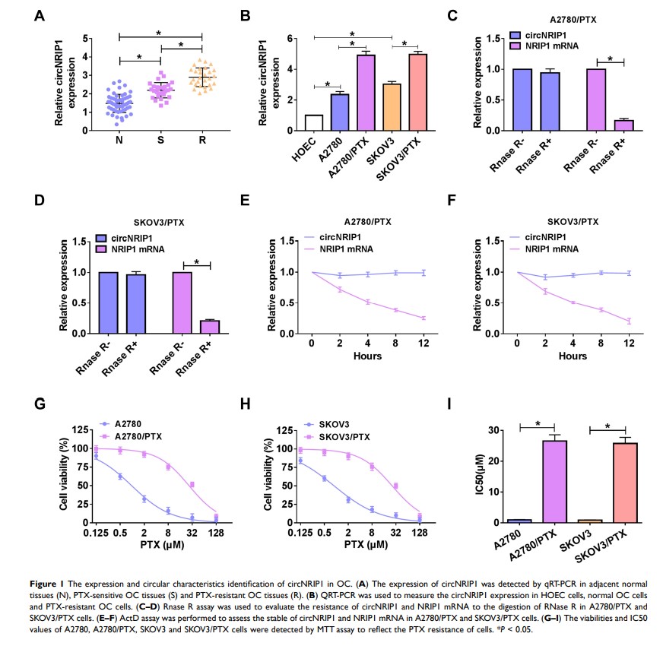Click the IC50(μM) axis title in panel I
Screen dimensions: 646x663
tap(479, 476)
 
